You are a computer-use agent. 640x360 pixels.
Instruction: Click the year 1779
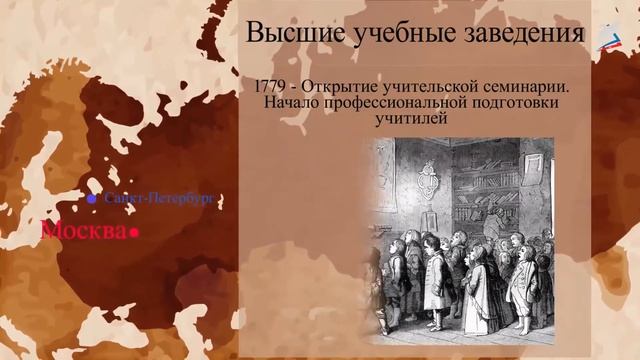[275, 86]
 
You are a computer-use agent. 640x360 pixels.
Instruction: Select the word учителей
[410, 120]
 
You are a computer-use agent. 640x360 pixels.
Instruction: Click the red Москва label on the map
[84, 232]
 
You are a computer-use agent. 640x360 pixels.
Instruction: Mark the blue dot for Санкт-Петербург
[92, 199]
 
